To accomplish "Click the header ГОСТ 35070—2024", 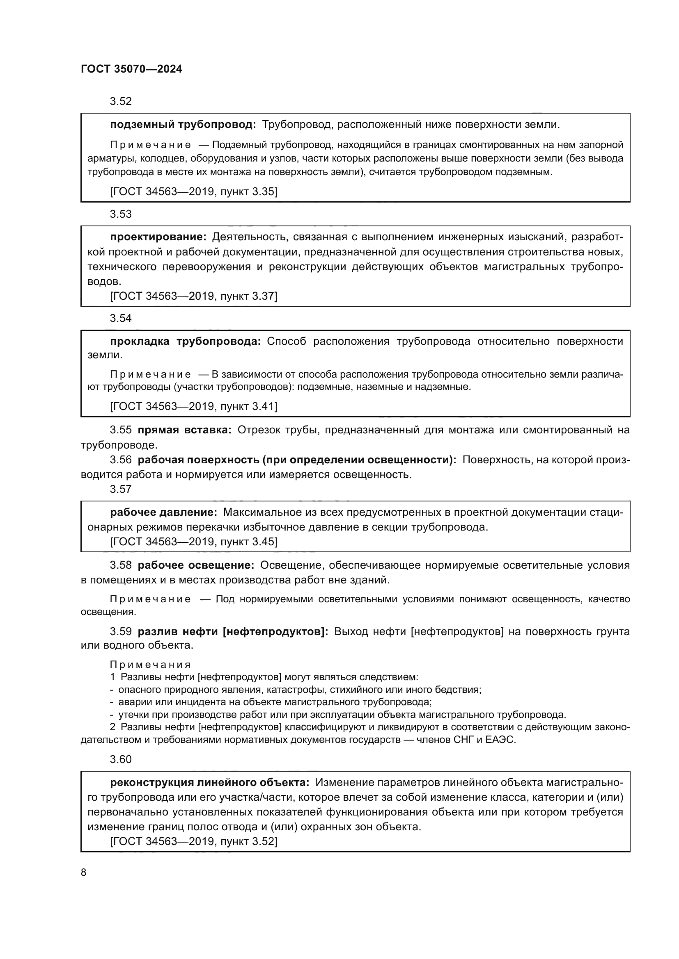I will [x=131, y=69].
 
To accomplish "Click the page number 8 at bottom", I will [x=84, y=872].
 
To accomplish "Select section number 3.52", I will [x=120, y=101].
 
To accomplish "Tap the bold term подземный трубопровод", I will [x=183, y=125].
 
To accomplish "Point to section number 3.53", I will [x=120, y=214].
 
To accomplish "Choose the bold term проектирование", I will [x=158, y=237].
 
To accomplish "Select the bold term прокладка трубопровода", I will [x=185, y=341].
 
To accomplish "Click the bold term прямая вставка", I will [x=184, y=430].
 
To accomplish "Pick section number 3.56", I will [x=120, y=460].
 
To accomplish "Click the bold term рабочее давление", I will [x=163, y=512].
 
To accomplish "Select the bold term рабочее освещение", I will [x=196, y=565].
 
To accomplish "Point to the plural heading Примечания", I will [x=150, y=665].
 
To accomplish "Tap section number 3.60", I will [x=120, y=759].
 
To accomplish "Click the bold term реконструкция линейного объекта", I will [x=209, y=782].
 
